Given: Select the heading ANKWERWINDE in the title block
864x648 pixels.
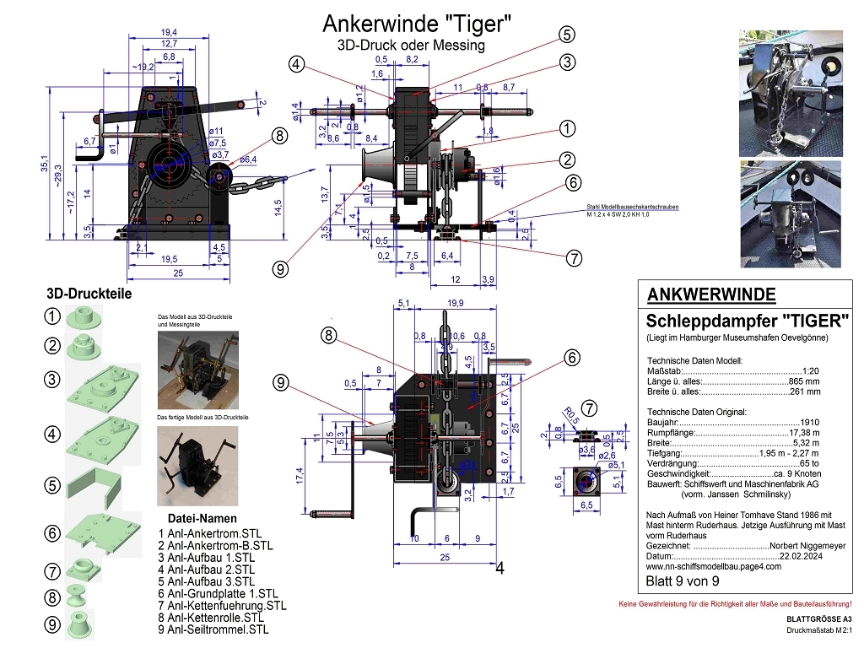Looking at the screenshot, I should click(711, 294).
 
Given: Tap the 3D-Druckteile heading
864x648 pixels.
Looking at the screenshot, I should click(89, 294).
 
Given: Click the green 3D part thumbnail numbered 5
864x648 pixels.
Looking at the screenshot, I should click(100, 484).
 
